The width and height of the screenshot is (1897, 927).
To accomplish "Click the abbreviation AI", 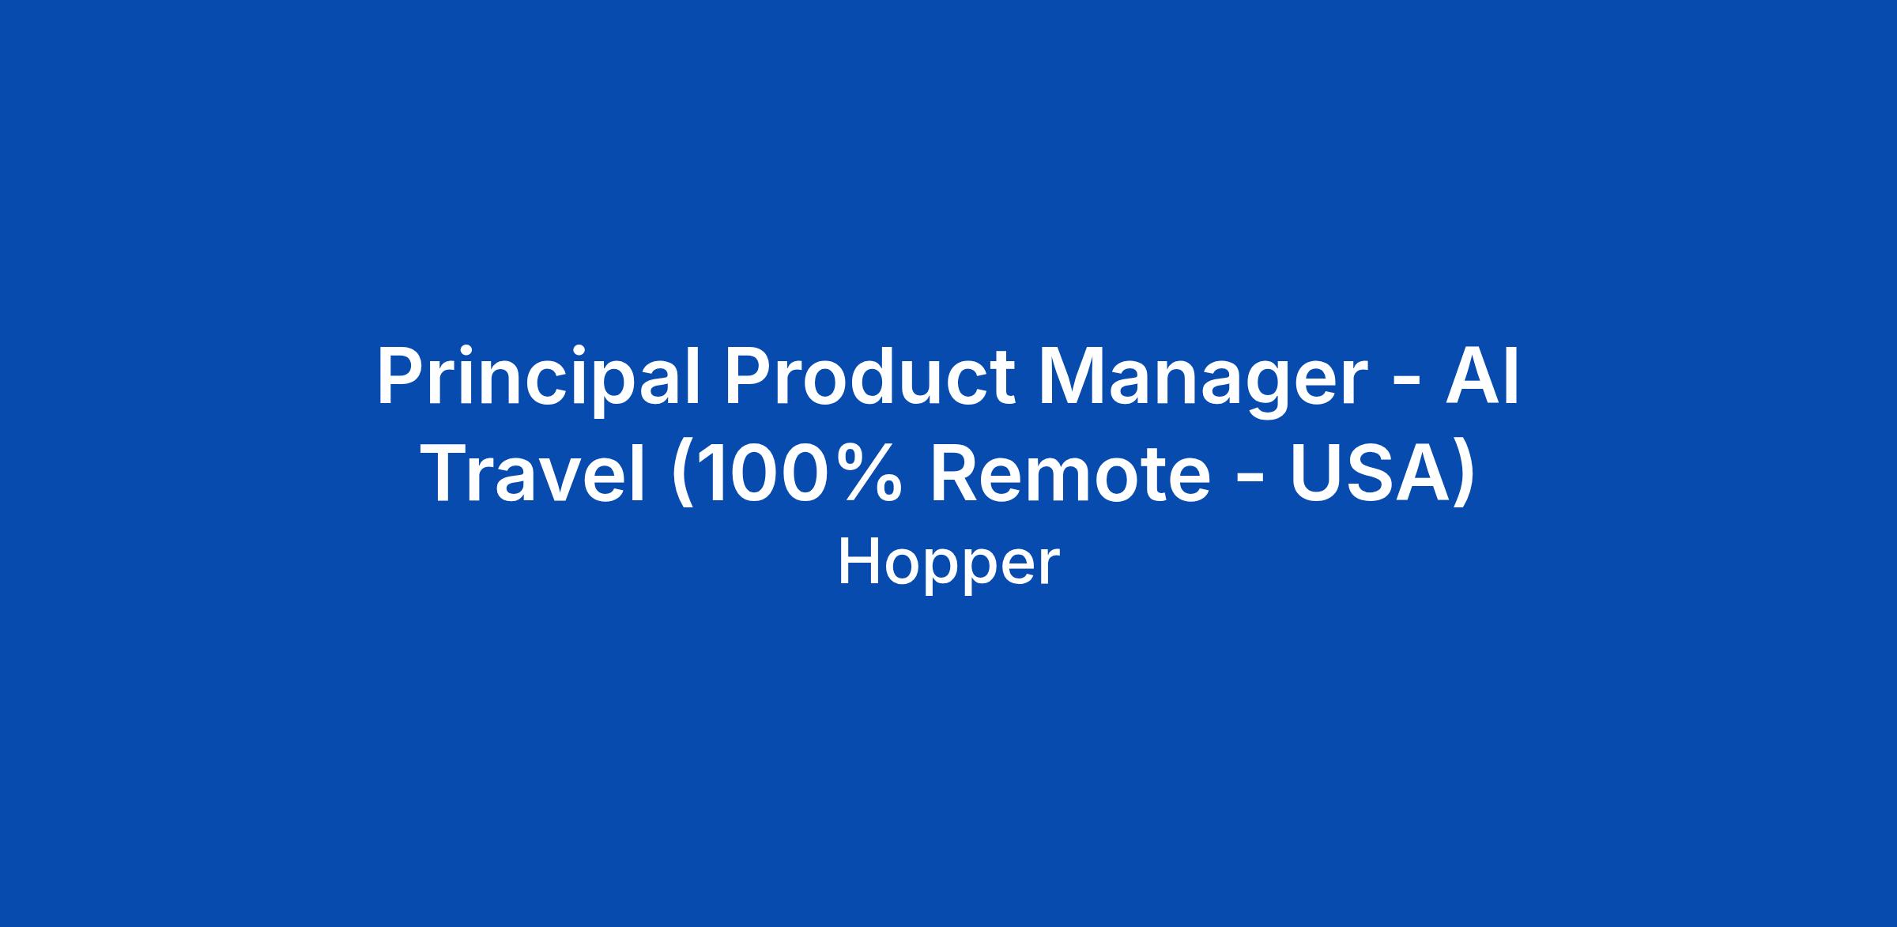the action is (1483, 376).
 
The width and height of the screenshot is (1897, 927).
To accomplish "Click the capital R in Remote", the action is (956, 473).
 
